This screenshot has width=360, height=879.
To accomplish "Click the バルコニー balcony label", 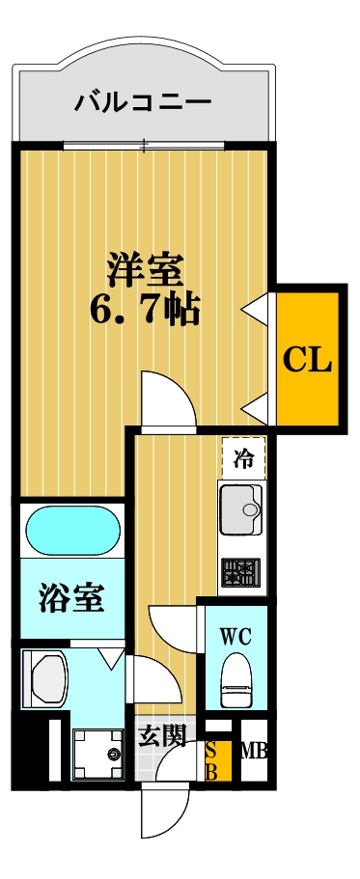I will pyautogui.click(x=143, y=100).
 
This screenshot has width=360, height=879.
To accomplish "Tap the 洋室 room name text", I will pyautogui.click(x=146, y=269).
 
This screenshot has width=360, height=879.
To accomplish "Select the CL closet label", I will pyautogui.click(x=308, y=361).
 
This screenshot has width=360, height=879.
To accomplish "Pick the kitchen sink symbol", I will pyautogui.click(x=241, y=508).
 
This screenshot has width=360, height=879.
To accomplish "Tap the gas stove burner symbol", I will pyautogui.click(x=240, y=572).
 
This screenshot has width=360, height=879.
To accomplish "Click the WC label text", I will pyautogui.click(x=235, y=637).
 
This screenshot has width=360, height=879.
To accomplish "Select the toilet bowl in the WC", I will pyautogui.click(x=236, y=679).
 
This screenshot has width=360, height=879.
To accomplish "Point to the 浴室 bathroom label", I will pyautogui.click(x=71, y=598).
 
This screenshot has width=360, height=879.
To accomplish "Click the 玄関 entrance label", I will pyautogui.click(x=161, y=737).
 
